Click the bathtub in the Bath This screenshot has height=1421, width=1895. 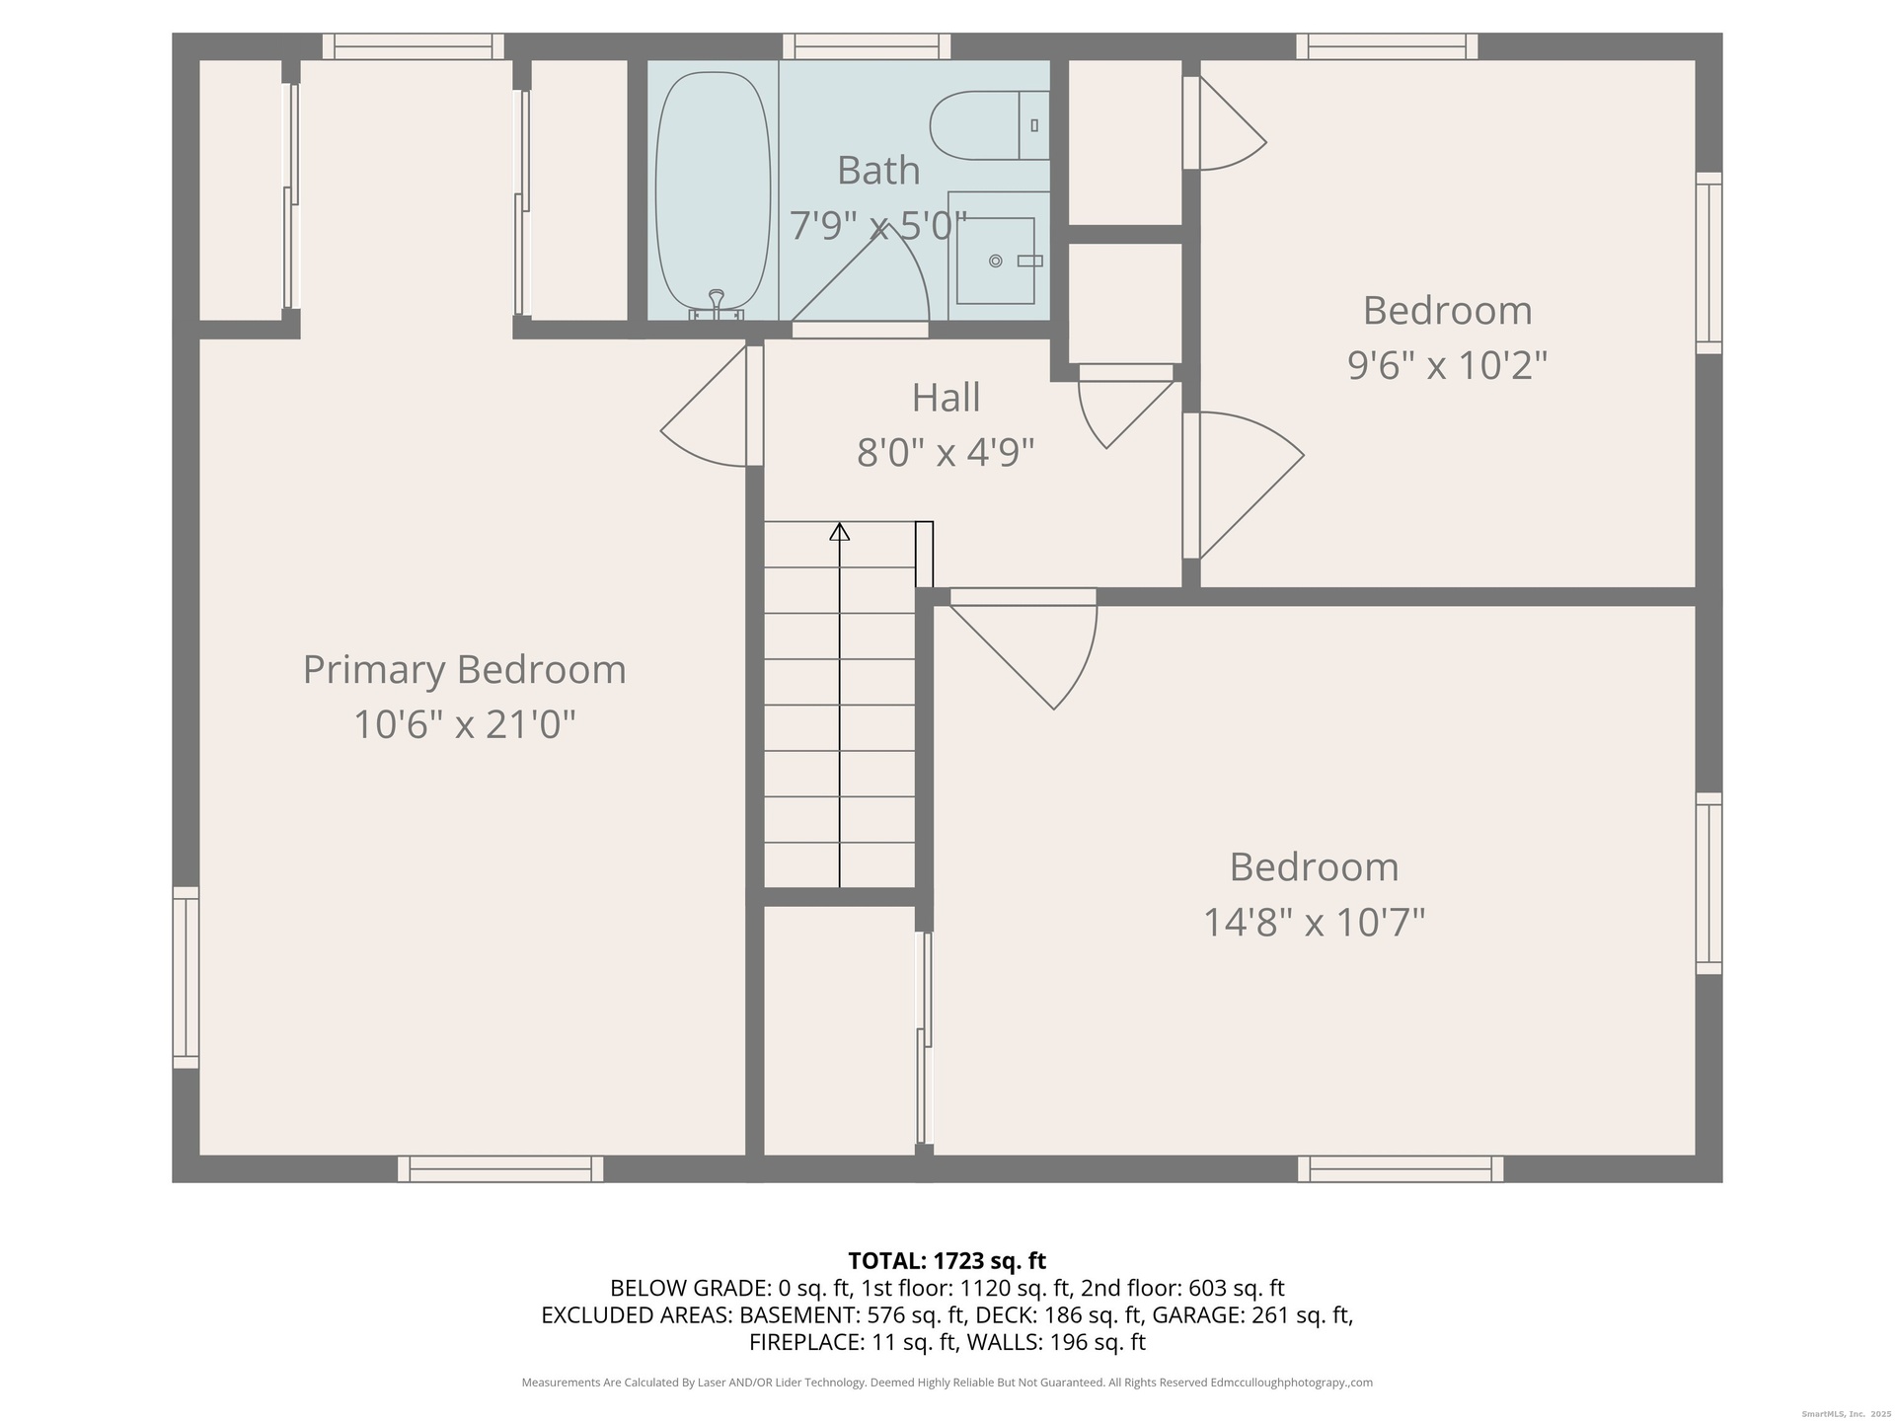[x=713, y=195]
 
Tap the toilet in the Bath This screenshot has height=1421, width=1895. [x=989, y=125]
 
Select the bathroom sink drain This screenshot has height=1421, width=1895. [x=996, y=261]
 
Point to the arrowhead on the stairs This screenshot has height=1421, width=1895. [x=839, y=531]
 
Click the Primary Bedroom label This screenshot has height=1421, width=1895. [x=464, y=670]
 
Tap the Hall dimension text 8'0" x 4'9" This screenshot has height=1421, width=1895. [x=946, y=453]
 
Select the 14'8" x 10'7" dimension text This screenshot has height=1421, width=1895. [x=1314, y=923]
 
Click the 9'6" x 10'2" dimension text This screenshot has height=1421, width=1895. [x=1447, y=365]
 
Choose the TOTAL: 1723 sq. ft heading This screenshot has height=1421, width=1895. [x=947, y=1260]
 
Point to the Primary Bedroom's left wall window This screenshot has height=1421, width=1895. [x=186, y=977]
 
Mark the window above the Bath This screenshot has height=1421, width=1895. [x=867, y=46]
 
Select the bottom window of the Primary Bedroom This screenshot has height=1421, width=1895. [x=500, y=1168]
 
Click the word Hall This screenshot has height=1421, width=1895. [x=946, y=398]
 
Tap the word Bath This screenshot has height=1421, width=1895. [x=878, y=171]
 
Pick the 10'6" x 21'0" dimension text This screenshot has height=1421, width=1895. [x=464, y=725]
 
